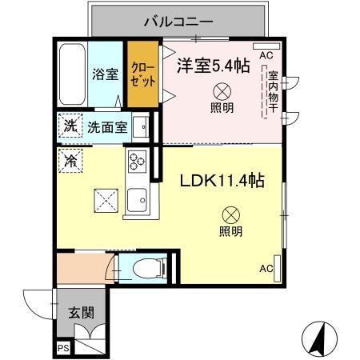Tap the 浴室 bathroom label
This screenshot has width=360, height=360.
point(106,74)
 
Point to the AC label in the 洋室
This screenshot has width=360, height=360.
point(266,55)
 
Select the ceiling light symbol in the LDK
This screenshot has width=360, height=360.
point(230,214)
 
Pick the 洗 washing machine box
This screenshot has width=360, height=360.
point(70,126)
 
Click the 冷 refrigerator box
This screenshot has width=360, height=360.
point(70,160)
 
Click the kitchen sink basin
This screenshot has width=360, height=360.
point(138,198)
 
